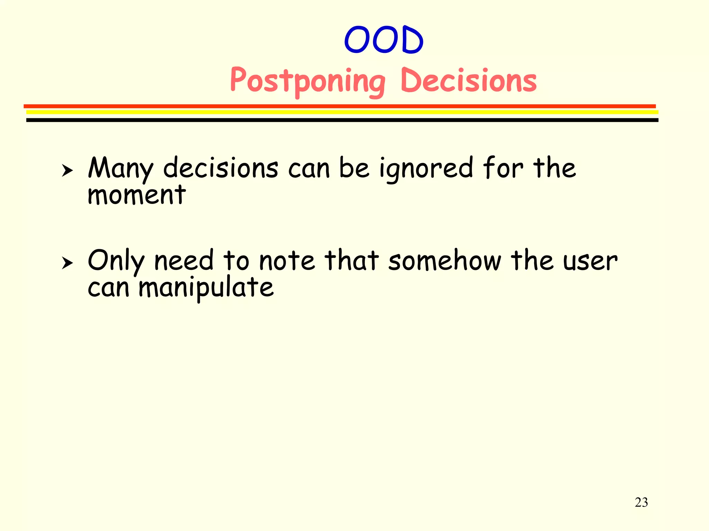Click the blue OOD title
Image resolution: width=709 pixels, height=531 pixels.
(x=384, y=40)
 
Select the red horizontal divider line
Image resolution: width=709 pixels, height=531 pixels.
(x=339, y=106)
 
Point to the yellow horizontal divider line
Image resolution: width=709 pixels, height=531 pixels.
(x=342, y=112)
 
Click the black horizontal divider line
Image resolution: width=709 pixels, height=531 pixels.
(x=342, y=120)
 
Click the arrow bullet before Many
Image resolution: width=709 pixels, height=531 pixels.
(x=67, y=170)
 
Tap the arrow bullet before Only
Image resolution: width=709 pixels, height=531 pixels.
(x=67, y=263)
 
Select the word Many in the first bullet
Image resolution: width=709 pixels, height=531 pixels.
(x=120, y=168)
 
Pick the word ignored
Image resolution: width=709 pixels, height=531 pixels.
(x=426, y=168)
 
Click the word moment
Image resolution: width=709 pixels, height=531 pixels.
(x=137, y=195)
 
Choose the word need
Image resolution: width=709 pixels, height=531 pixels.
(x=183, y=261)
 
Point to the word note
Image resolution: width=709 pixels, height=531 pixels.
(x=287, y=261)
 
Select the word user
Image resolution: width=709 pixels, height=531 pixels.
(x=590, y=261)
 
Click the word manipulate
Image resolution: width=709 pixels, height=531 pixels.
(x=206, y=288)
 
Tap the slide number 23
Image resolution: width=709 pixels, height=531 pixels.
(x=641, y=502)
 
